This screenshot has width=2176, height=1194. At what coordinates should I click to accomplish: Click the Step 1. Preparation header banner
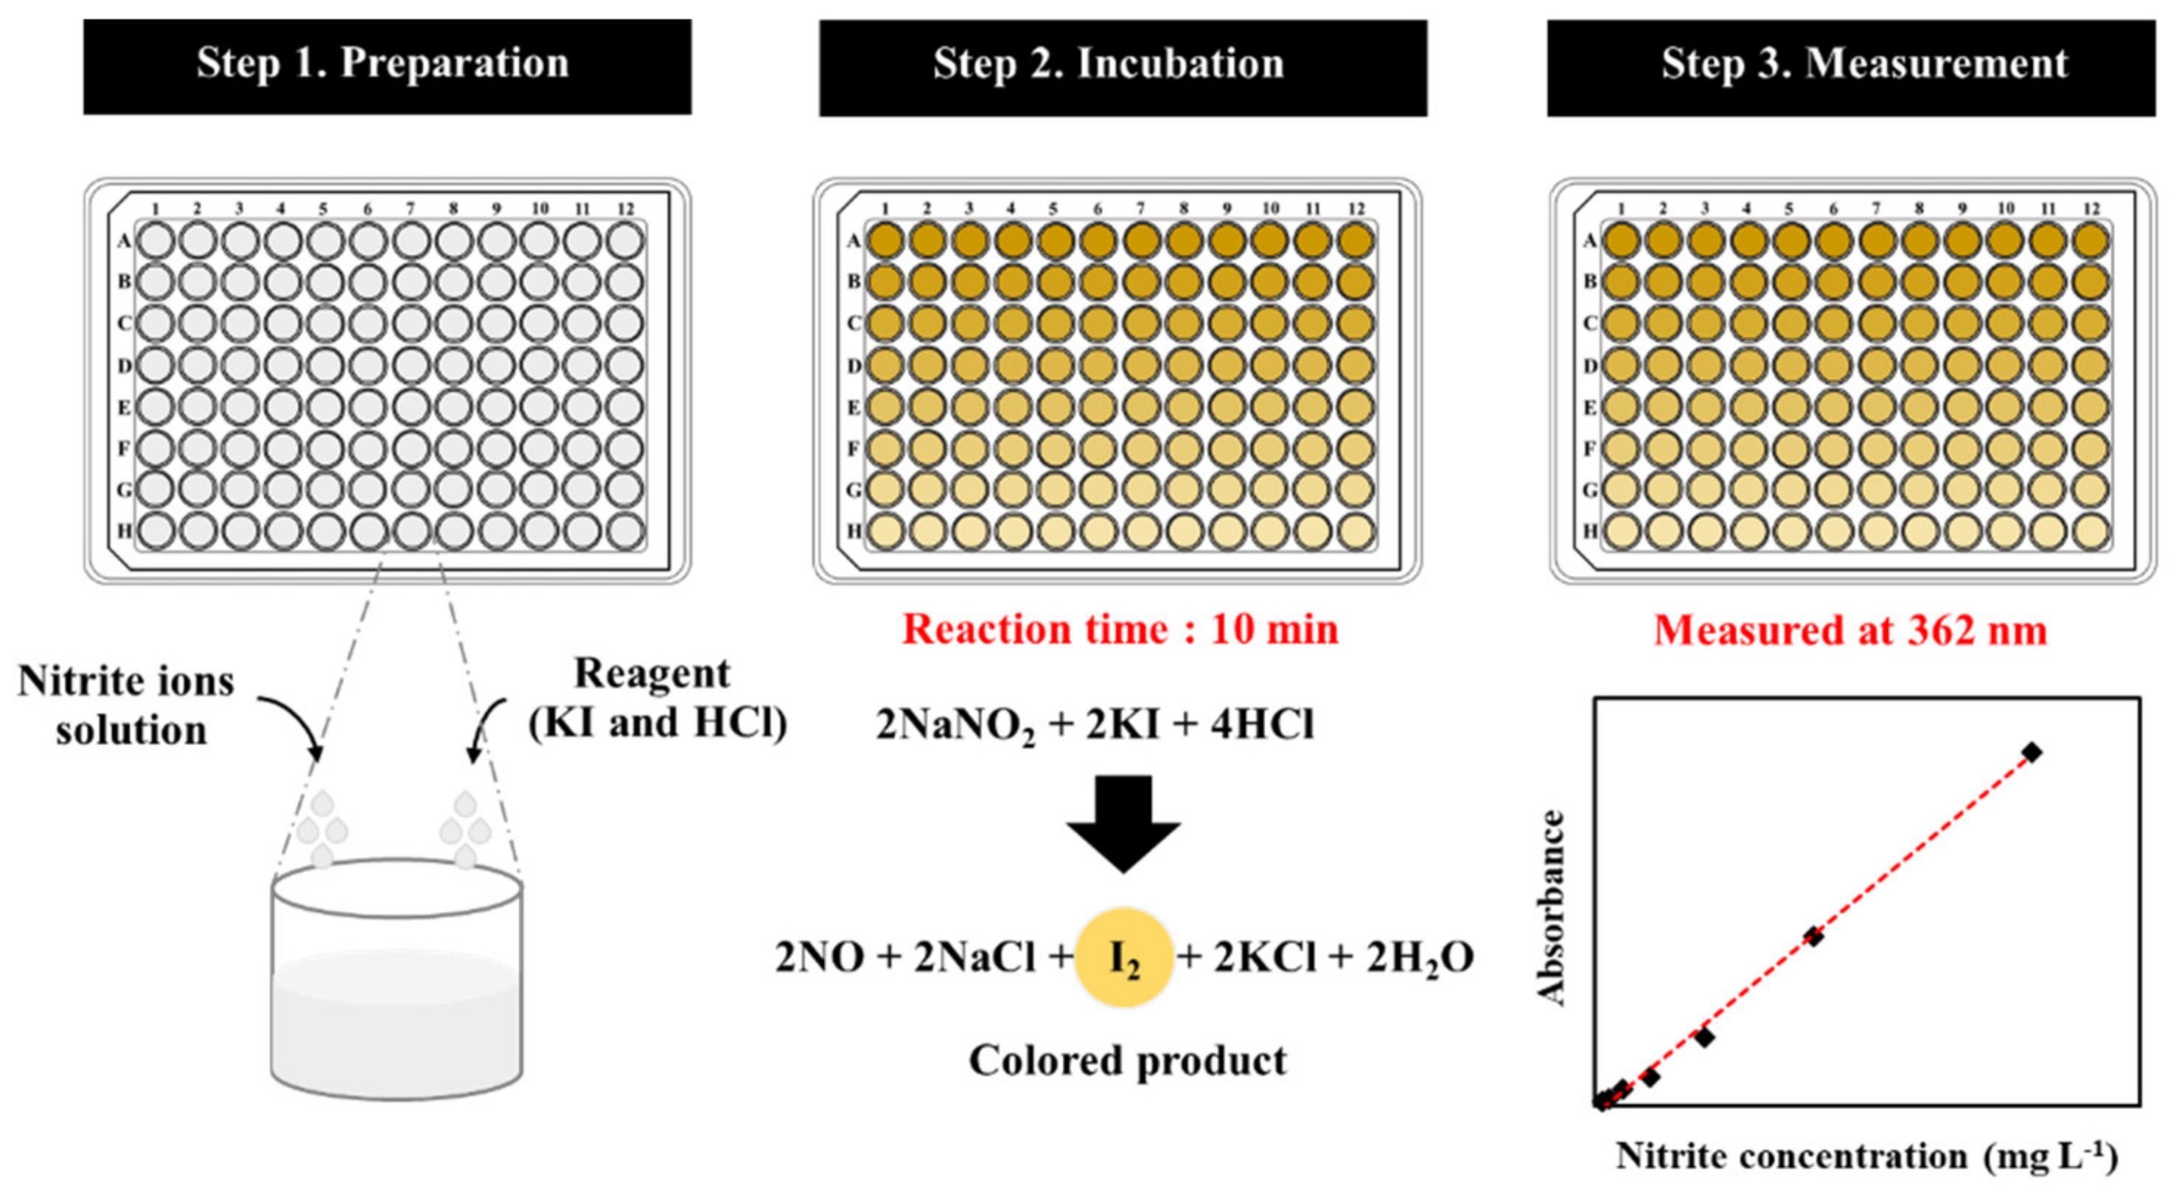coord(387,66)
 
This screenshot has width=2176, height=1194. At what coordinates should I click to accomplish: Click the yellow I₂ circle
coord(1123,957)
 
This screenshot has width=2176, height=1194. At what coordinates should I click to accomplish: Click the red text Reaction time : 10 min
coord(1120,630)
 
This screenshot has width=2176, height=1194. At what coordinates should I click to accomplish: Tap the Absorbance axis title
coord(1552,908)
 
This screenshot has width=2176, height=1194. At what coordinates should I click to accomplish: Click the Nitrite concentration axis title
coord(1867,1156)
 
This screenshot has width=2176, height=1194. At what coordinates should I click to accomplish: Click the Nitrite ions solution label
coord(127,705)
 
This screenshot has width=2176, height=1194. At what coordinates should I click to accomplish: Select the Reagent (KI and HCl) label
coord(658,698)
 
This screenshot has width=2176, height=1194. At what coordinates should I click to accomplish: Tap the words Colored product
coord(1128,1061)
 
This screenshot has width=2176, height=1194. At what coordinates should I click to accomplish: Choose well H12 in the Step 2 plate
coord(1356,531)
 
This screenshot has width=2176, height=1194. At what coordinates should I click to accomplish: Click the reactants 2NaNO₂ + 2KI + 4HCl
coord(1095,725)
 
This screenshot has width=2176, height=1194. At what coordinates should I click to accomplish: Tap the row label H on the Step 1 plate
coord(124,531)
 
